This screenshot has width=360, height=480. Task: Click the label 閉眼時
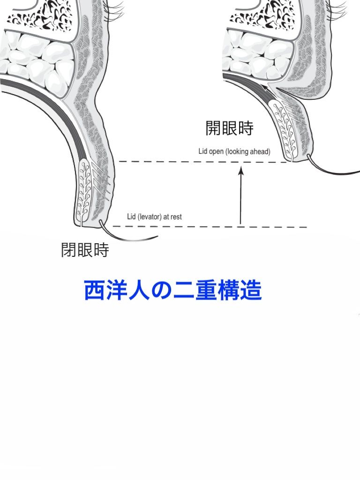pos(85,250)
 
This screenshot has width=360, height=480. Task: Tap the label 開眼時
pos(229,128)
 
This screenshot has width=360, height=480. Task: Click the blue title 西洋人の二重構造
pos(172,291)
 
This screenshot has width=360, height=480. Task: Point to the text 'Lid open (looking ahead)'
pos(234,152)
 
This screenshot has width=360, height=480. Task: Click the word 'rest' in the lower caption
pos(175,217)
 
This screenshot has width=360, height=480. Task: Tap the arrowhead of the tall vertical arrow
pos(241,170)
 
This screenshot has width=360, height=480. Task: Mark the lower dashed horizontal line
pos(211,227)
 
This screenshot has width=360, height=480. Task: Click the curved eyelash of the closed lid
pos(127,237)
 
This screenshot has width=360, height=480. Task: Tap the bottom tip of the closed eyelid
pos(87,224)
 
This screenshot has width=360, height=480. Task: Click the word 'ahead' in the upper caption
pos(260,152)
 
